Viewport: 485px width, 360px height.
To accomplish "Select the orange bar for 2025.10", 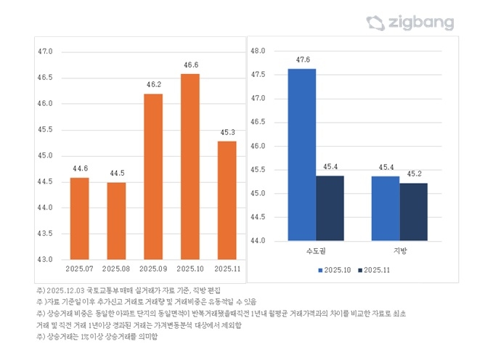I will point(191,166).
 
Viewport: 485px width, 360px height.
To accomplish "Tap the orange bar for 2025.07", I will point(80,218).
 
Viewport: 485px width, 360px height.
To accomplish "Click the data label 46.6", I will point(191,65).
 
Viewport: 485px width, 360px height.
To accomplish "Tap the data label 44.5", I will point(117,173).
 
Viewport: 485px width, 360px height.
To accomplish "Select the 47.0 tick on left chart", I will point(46,52).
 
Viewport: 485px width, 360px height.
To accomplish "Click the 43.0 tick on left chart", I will point(46,259).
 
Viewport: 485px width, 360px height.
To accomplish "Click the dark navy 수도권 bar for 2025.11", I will point(330,208).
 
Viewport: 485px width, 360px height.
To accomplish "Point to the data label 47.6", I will point(303,60).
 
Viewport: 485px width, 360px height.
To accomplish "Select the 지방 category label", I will point(399,250).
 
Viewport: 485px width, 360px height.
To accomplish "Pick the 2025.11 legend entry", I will point(378,270).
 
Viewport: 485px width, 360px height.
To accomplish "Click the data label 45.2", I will point(414,174).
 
